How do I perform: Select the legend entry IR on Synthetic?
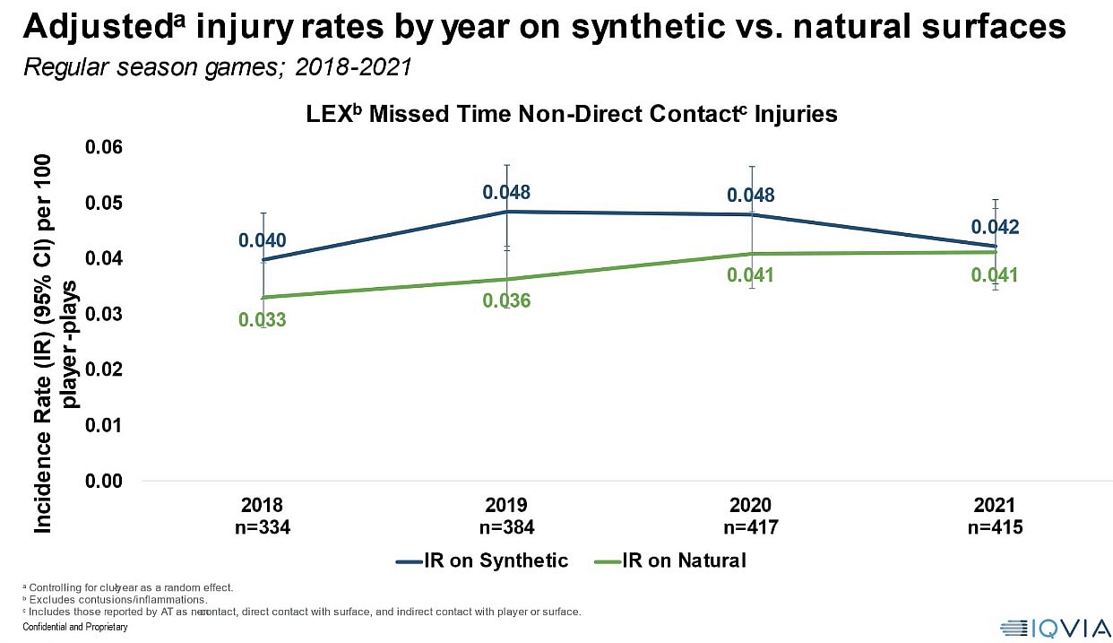pos(482,561)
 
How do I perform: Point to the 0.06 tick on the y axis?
pos(104,148)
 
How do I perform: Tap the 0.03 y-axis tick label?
pos(104,315)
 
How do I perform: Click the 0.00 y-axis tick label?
pos(104,482)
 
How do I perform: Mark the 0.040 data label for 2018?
pos(263,240)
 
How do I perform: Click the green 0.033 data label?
pos(263,319)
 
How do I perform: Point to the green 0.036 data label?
pos(506,301)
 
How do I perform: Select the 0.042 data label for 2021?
pos(996,228)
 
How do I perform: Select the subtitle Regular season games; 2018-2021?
pos(218,68)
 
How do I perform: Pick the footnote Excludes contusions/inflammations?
pos(118,599)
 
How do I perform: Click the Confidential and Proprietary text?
pos(75,627)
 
